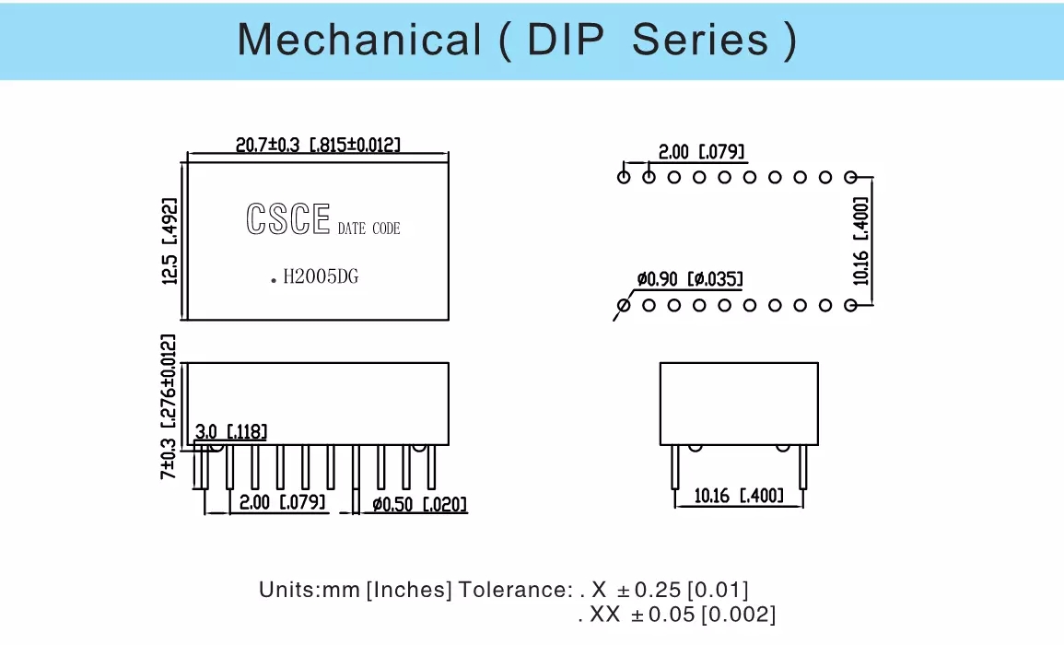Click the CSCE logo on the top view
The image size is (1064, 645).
pos(287,219)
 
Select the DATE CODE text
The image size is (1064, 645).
pos(368,229)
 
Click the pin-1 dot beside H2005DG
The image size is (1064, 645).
pos(274,279)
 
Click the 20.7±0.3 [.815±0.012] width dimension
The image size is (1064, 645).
pos(318,145)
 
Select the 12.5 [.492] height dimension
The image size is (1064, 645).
pos(170,241)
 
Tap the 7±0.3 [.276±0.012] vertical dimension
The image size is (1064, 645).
pos(169,406)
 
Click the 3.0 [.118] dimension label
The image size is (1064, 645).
pos(232,431)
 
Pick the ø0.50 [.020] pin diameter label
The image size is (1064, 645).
pos(419,504)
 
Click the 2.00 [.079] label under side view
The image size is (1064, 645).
pos(282,503)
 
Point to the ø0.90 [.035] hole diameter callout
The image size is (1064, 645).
pos(690,279)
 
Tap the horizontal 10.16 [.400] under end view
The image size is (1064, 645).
pos(739,497)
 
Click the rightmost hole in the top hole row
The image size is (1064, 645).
pos(850,177)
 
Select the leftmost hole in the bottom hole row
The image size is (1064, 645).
pos(625,304)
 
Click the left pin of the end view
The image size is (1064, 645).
pos(675,465)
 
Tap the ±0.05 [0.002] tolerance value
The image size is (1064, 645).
pos(700,614)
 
